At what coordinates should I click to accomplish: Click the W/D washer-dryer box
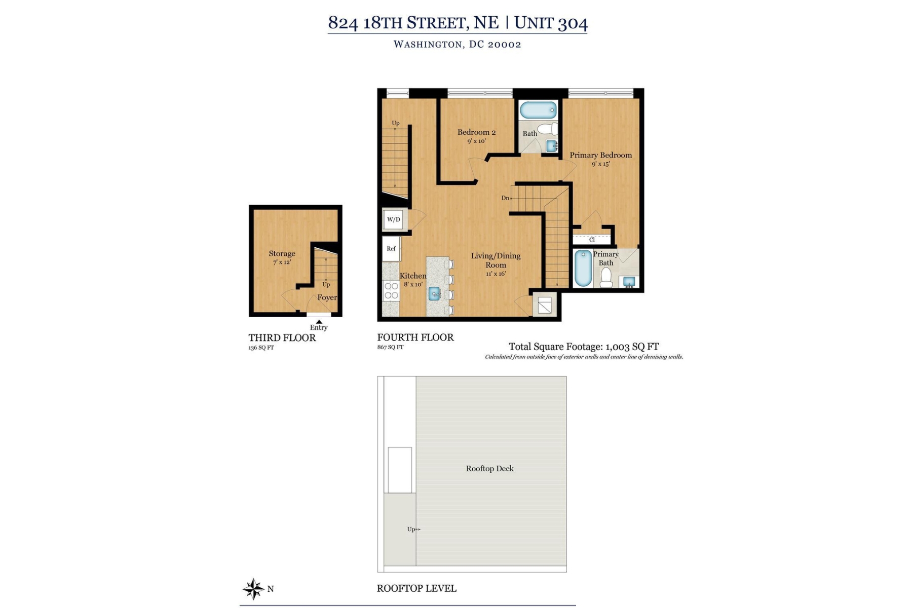click(394, 219)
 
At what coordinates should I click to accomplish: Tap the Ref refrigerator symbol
click(391, 249)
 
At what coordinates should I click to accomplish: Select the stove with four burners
click(391, 291)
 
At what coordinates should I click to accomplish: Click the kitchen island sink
click(434, 293)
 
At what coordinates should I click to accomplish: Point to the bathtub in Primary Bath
click(583, 268)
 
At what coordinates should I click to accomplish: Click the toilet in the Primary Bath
click(606, 278)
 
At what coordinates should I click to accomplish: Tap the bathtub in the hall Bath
click(538, 110)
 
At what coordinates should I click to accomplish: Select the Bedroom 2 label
click(476, 132)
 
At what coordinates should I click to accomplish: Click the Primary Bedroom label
click(600, 155)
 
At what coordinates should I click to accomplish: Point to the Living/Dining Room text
click(496, 260)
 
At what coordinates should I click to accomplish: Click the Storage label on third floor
click(282, 253)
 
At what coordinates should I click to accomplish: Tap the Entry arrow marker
click(319, 322)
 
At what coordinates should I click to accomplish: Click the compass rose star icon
click(253, 589)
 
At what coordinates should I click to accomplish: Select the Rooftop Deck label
click(489, 469)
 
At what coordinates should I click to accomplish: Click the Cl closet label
click(592, 240)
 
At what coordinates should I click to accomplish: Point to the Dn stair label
click(505, 198)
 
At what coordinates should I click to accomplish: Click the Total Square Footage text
click(583, 347)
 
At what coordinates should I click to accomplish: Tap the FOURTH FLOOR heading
click(415, 337)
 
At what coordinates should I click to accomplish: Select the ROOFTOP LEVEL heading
click(416, 589)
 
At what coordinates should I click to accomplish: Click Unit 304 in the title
click(551, 23)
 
